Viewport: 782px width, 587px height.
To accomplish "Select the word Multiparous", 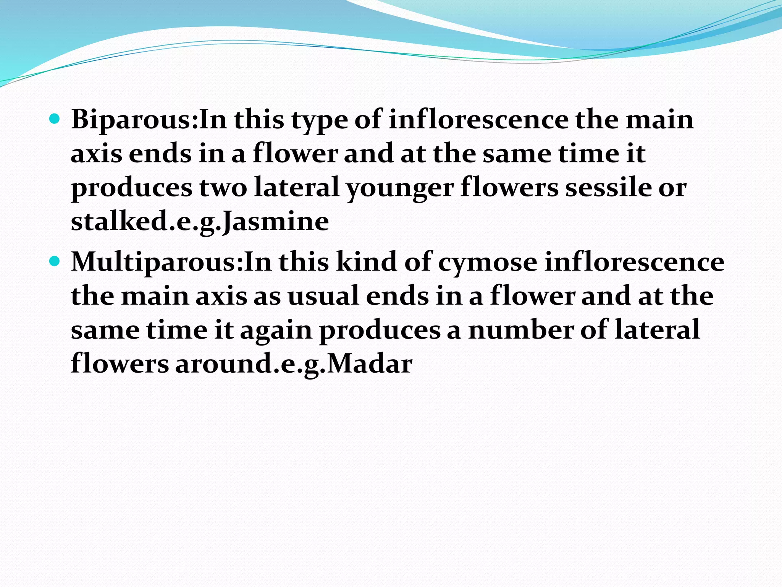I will coord(155,263).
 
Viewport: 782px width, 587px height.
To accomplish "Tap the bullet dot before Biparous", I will coord(55,119).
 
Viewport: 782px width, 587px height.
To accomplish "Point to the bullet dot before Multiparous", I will coord(55,261).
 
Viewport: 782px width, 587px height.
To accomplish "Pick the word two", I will coord(223,188).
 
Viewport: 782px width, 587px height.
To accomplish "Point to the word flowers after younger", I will coord(509,188).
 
